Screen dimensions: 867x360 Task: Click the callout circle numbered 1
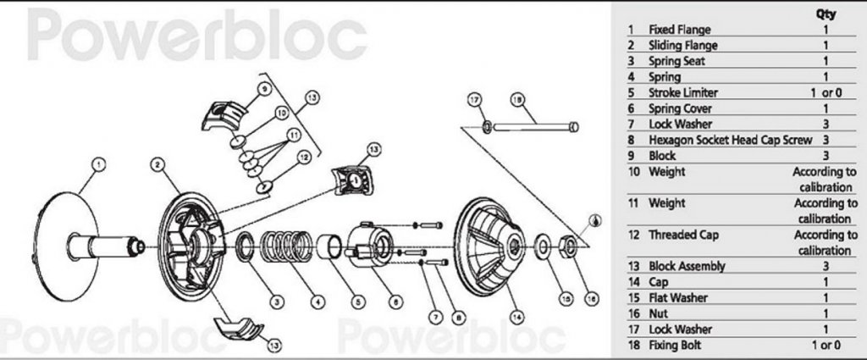(x=98, y=164)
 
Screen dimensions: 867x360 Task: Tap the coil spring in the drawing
(x=286, y=246)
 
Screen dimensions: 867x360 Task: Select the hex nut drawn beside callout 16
(x=569, y=246)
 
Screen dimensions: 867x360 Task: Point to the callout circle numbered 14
(x=517, y=317)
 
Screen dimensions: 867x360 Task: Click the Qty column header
(x=826, y=14)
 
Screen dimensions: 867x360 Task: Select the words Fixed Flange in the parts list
(x=680, y=30)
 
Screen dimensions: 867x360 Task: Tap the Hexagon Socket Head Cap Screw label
(x=731, y=140)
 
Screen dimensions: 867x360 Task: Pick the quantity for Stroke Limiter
(x=826, y=93)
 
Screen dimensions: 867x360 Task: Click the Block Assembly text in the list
(x=686, y=266)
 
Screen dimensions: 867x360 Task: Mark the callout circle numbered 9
(x=265, y=88)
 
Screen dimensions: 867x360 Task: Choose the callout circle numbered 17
(x=475, y=100)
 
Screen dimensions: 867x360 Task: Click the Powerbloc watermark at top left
(x=196, y=34)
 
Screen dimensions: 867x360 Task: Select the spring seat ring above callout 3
(x=245, y=247)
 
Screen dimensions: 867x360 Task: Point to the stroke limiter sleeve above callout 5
(x=329, y=247)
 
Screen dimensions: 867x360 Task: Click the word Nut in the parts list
(x=658, y=313)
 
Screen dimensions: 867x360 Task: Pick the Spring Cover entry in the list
(x=680, y=108)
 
